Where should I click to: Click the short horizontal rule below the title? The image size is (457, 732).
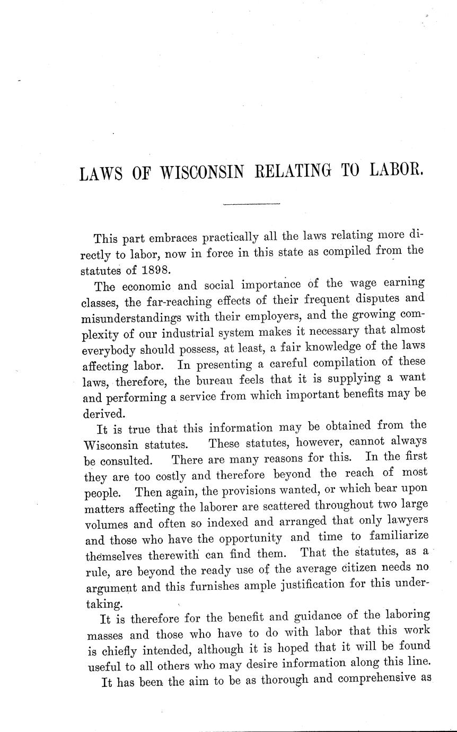251,204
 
